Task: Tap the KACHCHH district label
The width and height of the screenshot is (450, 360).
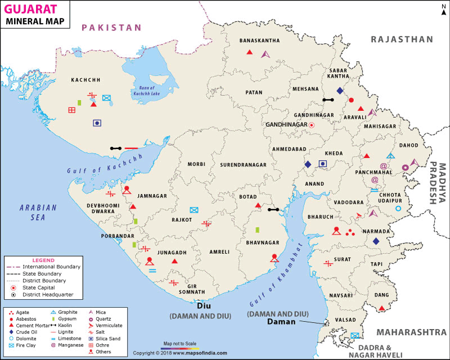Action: pyautogui.click(x=85, y=80)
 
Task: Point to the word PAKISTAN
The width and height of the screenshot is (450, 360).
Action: pyautogui.click(x=110, y=27)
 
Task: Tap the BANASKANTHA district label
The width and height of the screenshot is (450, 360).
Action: pyautogui.click(x=260, y=40)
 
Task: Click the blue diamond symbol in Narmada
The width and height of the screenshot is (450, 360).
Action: pyautogui.click(x=376, y=241)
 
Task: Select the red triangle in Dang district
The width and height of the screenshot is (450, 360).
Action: pyautogui.click(x=382, y=308)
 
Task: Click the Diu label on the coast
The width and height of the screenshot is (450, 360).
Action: pyautogui.click(x=203, y=307)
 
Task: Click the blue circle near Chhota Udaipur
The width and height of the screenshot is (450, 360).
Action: pyautogui.click(x=398, y=209)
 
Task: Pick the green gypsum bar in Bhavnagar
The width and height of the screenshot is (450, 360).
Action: pyautogui.click(x=257, y=229)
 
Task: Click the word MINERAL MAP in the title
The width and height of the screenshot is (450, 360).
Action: pyautogui.click(x=35, y=21)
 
